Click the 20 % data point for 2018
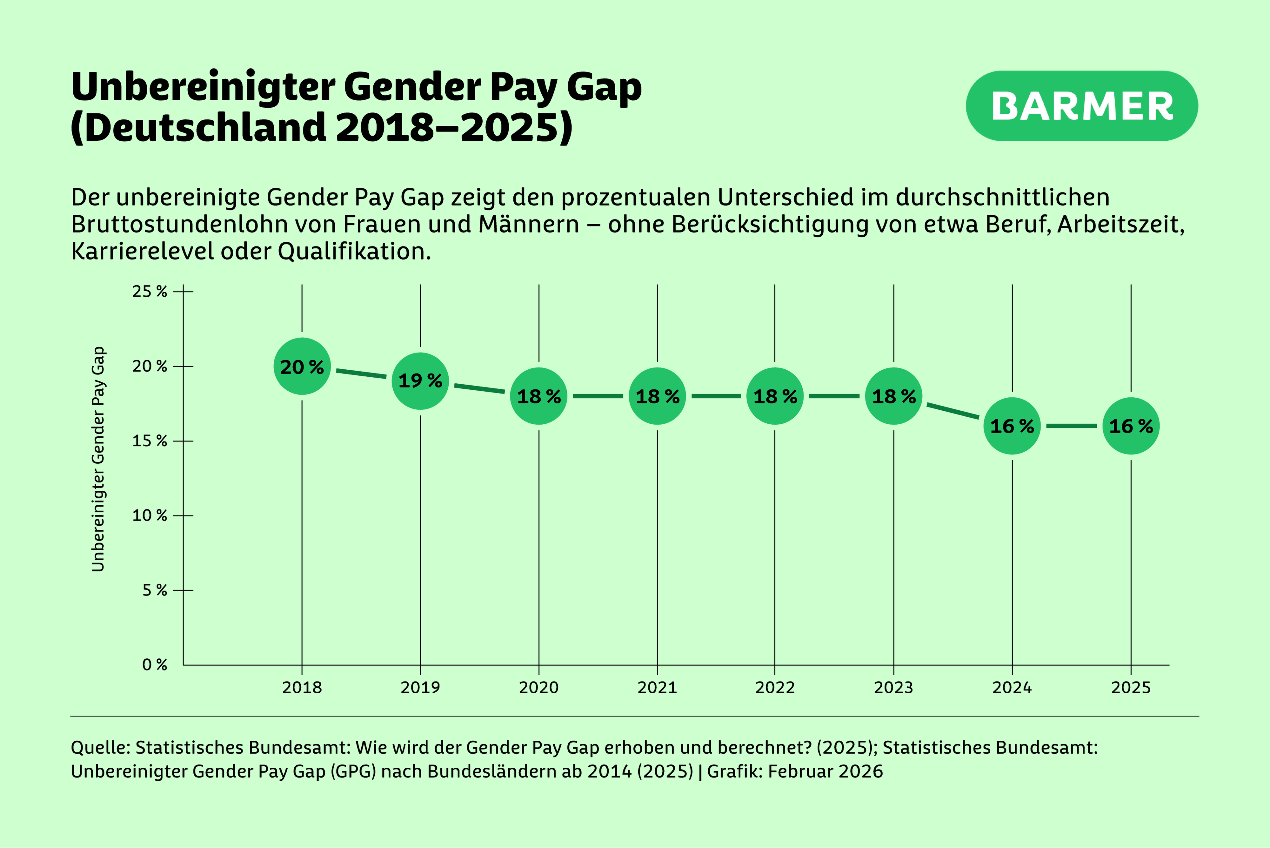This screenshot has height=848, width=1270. [302, 367]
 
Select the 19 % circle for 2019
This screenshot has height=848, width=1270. [420, 381]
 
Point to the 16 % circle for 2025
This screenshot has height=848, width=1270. [1131, 426]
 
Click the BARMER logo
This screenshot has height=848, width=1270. [1082, 106]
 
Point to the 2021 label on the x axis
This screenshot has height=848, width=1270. [657, 688]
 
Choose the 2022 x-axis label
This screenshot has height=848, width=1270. [775, 688]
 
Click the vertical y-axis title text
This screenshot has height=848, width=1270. [98, 460]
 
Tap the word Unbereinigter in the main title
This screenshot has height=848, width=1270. [203, 88]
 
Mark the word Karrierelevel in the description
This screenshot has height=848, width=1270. [142, 252]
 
